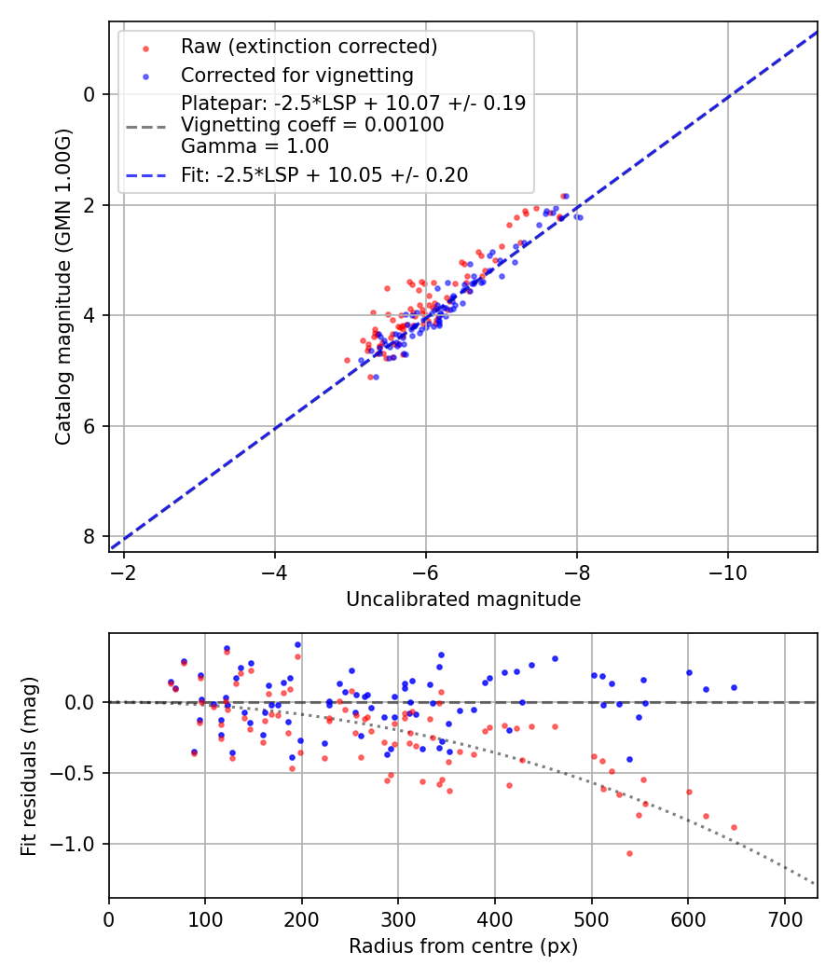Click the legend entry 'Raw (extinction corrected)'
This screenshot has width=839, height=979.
pos(309,47)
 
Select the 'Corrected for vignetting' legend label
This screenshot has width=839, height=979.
pos(297,75)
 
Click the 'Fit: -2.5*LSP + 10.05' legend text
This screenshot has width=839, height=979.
pos(324,174)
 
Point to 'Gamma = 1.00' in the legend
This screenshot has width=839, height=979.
pos(254,145)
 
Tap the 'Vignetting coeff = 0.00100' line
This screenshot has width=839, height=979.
pos(312,125)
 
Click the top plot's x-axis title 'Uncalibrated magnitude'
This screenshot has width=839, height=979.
pos(463,600)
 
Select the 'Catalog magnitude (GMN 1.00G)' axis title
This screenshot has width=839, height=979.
pos(62,284)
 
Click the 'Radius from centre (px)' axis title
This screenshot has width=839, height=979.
pos(463,946)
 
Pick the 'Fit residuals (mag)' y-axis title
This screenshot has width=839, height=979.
pos(29,765)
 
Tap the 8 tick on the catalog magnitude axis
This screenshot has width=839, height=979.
pos(89,536)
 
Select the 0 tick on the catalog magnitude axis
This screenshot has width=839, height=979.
pos(89,94)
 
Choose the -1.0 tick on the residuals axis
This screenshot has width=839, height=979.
pos(78,845)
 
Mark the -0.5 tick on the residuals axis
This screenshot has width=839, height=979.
pos(78,773)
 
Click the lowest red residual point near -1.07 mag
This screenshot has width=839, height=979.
pos(629,853)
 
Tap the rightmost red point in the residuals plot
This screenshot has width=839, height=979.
pos(734,827)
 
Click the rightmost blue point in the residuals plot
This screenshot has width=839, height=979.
pos(734,687)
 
